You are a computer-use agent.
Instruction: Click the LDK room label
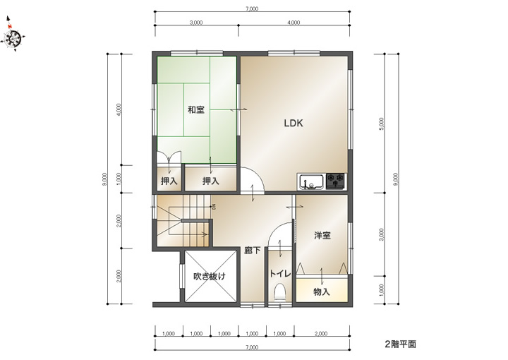pos(294,123)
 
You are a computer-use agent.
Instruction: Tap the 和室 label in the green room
pos(196,110)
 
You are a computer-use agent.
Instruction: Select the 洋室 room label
pos(322,235)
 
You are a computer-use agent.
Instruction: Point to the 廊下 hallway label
pos(253,250)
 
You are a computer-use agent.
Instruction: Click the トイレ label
pos(280,273)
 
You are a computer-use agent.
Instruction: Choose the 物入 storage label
pos(322,292)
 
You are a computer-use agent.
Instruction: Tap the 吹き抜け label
pos(210,277)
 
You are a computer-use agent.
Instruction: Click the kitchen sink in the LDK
pos(311,182)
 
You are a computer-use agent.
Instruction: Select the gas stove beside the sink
pos(335,181)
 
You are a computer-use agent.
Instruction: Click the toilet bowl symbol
pos(279,292)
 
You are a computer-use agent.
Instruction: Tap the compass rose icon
pos(13,37)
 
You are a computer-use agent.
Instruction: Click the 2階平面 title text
pos(401,344)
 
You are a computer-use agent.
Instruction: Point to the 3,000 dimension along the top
pos(196,23)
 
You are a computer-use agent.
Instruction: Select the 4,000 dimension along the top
pos(294,23)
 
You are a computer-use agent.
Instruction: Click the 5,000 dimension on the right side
pos(382,124)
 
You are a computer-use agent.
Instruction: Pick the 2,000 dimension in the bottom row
pos(322,333)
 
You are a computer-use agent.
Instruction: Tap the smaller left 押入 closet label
pos(169,181)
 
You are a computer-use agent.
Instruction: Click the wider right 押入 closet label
pos(211,181)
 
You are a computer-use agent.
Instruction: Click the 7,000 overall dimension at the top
pos(252,8)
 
